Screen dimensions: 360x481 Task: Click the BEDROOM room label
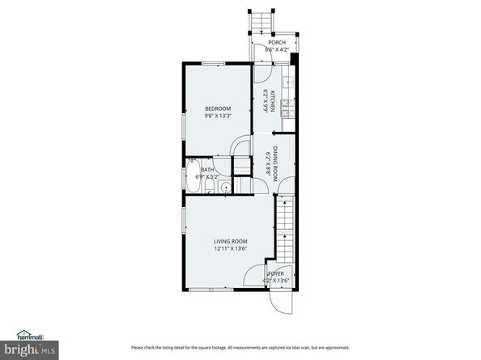coord(217,109)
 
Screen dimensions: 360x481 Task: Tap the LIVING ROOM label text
coord(230,242)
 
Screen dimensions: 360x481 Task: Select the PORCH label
coord(277,43)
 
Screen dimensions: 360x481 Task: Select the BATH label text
coord(207,192)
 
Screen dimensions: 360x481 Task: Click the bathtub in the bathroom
coord(192,199)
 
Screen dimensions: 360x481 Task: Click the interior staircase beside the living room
coord(285,234)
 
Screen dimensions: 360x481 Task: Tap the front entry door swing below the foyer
coord(277,302)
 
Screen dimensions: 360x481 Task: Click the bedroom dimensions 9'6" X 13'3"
coord(217,116)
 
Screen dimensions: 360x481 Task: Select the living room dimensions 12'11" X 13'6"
coord(230,249)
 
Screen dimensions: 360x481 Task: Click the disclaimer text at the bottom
coord(240,346)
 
